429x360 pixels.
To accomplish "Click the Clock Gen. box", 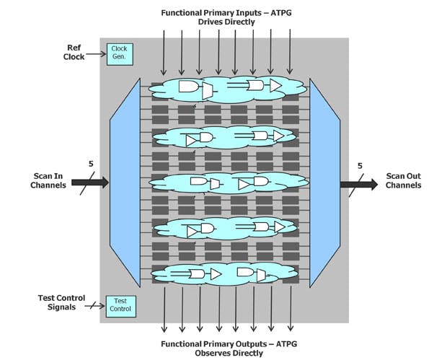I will tap(118, 53).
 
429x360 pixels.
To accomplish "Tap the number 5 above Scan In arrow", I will tap(91, 164).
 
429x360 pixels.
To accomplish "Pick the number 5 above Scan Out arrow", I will tap(360, 167).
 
